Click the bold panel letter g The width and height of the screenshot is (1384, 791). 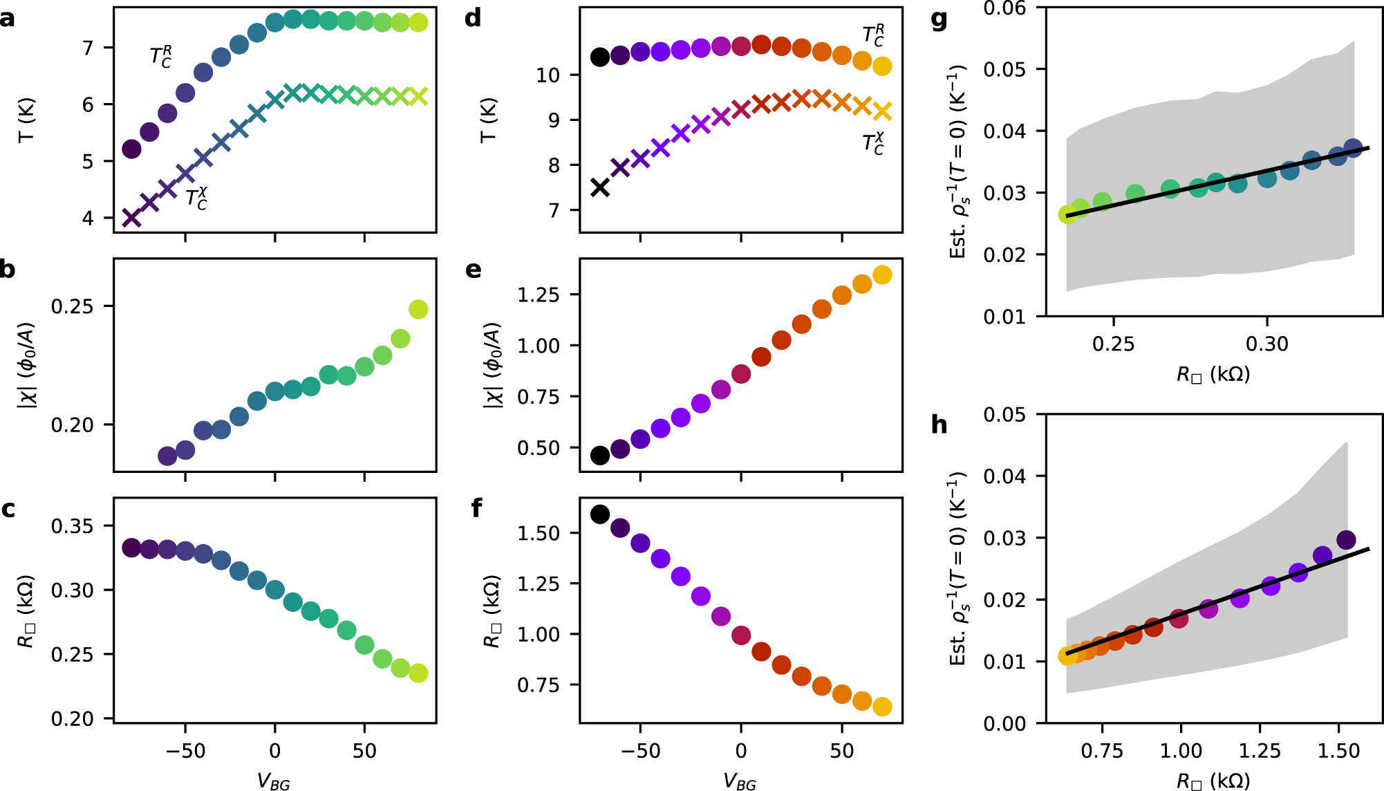pos(939,19)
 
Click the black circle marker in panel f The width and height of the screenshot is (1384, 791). pos(600,514)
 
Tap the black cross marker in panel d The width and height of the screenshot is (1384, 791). pos(600,187)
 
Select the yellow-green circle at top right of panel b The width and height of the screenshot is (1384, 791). pos(418,309)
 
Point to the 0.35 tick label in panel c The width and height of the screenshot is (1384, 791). pos(72,526)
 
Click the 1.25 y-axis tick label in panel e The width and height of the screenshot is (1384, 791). pos(539,295)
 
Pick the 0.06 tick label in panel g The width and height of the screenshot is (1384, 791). pos(1004,8)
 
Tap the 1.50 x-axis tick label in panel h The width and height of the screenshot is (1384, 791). pos(1338,751)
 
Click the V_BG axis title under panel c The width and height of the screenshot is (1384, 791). pos(274,781)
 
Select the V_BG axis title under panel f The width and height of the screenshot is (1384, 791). pos(740,781)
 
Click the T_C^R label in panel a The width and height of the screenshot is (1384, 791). pos(161,57)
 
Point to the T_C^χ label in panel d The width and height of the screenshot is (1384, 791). pos(873,144)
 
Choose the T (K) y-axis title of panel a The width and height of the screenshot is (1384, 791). pos(26,120)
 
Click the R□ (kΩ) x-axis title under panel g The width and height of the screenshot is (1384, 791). pos(1213,375)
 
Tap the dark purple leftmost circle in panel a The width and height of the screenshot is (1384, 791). pos(131,149)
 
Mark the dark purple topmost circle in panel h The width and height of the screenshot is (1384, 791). pos(1346,540)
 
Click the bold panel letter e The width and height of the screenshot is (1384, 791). pos(474,270)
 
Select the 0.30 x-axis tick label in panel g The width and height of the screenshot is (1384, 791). pos(1266,344)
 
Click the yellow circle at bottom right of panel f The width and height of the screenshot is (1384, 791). pos(882,707)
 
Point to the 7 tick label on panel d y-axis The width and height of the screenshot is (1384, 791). pos(554,210)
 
